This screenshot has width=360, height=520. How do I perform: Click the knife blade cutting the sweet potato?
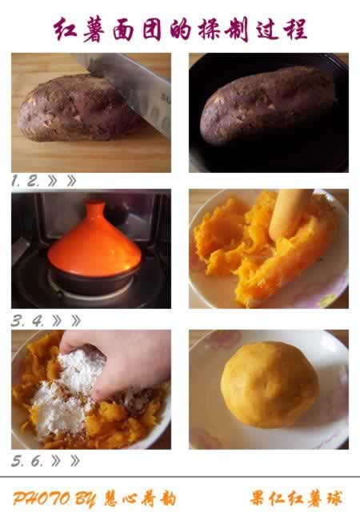(133, 90)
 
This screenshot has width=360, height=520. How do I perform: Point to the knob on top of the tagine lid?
(95, 207)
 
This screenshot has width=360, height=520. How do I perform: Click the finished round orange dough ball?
(270, 385)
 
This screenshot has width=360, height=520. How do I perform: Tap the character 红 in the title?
(66, 30)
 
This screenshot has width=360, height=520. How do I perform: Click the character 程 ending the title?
(295, 29)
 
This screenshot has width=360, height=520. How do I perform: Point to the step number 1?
(15, 181)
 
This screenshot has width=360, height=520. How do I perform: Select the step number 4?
(38, 321)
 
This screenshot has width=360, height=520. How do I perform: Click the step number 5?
(18, 461)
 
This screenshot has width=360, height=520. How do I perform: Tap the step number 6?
(37, 461)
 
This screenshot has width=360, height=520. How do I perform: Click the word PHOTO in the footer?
(42, 498)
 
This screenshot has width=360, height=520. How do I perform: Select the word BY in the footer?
(85, 499)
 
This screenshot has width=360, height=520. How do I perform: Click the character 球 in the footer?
(333, 498)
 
